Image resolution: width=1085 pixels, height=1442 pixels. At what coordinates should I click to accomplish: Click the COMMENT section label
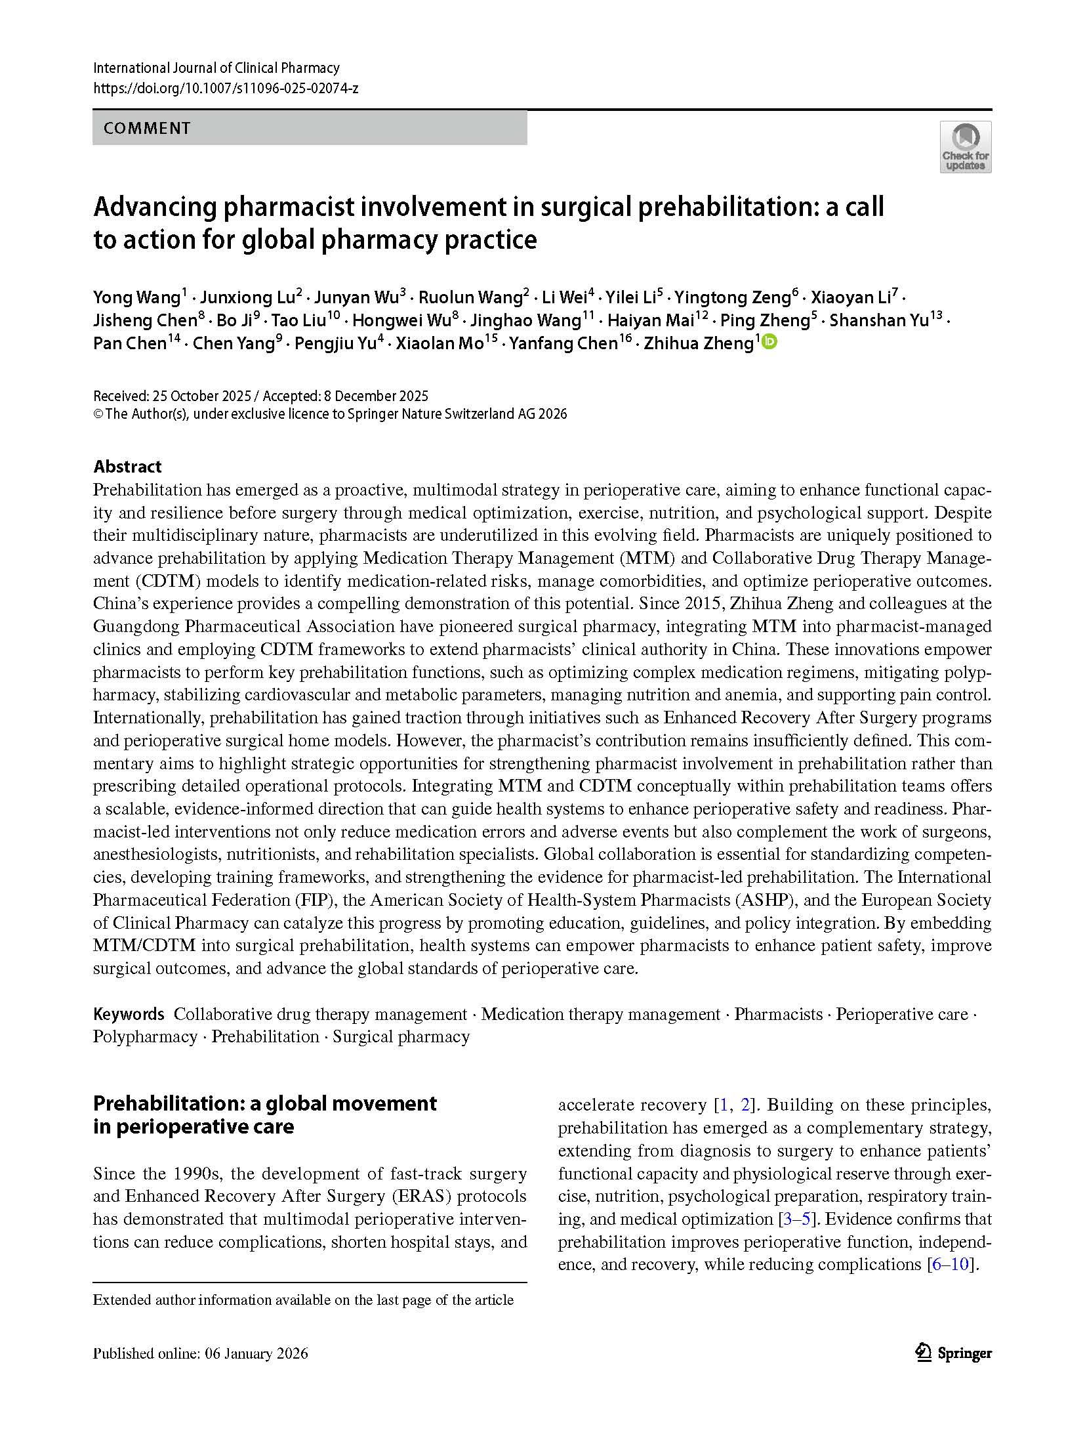coord(147,128)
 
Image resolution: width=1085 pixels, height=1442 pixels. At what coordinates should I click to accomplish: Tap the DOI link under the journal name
coord(226,88)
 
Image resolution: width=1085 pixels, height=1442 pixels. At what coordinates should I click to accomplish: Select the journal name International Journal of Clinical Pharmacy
coord(216,68)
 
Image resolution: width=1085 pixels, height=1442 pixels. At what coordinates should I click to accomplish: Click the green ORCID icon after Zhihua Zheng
coord(769,341)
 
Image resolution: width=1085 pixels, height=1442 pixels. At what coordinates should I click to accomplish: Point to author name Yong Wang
coord(136,297)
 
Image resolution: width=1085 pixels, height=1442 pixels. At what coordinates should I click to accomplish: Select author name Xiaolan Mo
coord(440,343)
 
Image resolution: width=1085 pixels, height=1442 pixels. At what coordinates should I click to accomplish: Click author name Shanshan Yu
coord(879,320)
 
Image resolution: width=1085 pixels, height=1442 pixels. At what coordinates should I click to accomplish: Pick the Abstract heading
coord(127,467)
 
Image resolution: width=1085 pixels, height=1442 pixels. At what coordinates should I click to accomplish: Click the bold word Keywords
coord(129,1014)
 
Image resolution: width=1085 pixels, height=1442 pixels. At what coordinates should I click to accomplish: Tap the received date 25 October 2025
coord(201,396)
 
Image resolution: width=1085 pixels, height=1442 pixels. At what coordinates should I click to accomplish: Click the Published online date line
coord(200,1353)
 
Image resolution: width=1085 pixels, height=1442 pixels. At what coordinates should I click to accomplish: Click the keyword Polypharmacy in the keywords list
coord(145,1037)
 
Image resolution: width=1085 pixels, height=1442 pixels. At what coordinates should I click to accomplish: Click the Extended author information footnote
coord(303,1300)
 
